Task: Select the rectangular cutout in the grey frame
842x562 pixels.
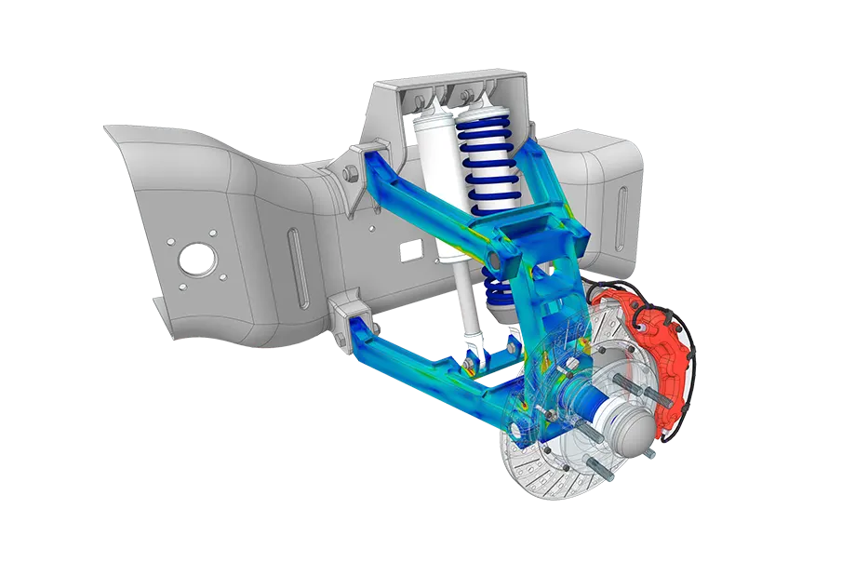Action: (x=410, y=248)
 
